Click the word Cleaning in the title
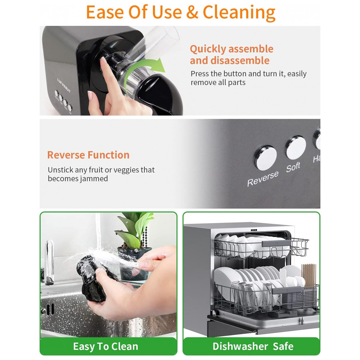coord(239,13)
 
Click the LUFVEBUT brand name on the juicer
coord(64,85)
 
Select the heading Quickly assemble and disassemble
coord(231,55)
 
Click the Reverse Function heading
coord(89,155)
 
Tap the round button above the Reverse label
coord(265,158)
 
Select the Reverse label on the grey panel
coord(263,179)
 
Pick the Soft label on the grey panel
coord(293,167)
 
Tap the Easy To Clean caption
coord(105,346)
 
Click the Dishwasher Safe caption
coord(253,346)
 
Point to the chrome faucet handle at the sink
coord(49,262)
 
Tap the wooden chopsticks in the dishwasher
coord(309,275)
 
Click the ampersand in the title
coord(192,12)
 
